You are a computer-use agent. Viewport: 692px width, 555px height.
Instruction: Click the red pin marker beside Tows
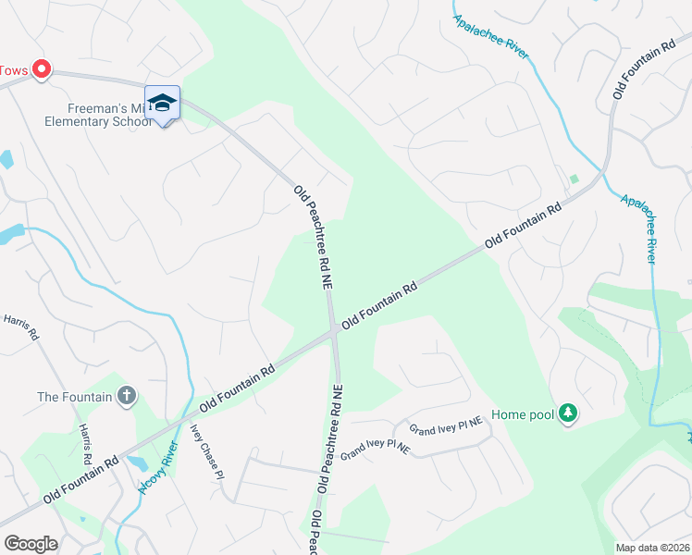point(42,69)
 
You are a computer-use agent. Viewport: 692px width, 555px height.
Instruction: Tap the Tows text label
point(14,70)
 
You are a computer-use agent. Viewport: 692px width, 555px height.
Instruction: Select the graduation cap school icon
point(162,103)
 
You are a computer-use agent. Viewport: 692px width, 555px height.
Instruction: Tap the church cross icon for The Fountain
point(127,397)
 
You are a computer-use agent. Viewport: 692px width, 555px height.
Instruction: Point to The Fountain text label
point(74,397)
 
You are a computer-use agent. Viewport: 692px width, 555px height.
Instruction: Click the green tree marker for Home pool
point(569,414)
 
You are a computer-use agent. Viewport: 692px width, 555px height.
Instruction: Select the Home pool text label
point(523,414)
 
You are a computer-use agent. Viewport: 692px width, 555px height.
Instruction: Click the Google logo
point(31,544)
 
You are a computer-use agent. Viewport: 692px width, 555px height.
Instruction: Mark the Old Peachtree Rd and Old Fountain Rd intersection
point(334,334)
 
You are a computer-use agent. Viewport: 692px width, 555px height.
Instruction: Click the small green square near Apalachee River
point(574,179)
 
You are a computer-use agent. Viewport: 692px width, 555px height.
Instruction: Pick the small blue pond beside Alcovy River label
point(137,462)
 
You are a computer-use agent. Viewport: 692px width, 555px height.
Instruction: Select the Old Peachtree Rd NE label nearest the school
point(315,239)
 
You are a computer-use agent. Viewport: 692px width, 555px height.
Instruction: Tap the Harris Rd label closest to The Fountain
point(87,445)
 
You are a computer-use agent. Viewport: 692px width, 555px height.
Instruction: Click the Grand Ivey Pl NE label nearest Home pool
point(447,426)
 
